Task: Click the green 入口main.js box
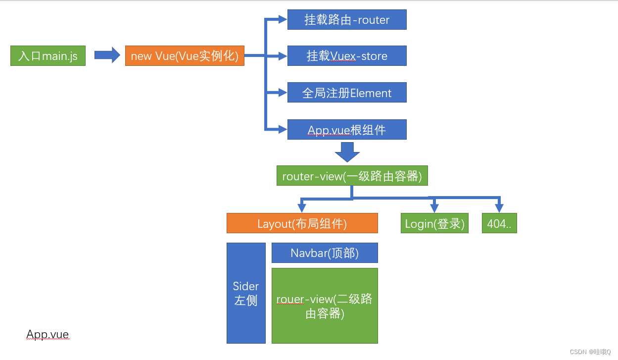pyautogui.click(x=48, y=56)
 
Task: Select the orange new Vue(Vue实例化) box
pyautogui.click(x=185, y=56)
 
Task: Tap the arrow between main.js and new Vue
pyautogui.click(x=107, y=55)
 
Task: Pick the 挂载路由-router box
pyautogui.click(x=347, y=20)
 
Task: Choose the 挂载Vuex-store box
pyautogui.click(x=347, y=56)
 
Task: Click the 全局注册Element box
pyautogui.click(x=347, y=93)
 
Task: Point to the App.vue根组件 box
pyautogui.click(x=347, y=130)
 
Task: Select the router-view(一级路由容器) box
pyautogui.click(x=352, y=176)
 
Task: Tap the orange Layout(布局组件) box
pyautogui.click(x=302, y=223)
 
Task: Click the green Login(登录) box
pyautogui.click(x=434, y=223)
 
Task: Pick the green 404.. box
pyautogui.click(x=499, y=223)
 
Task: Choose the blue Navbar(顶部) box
pyautogui.click(x=325, y=253)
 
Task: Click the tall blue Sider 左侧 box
pyautogui.click(x=246, y=293)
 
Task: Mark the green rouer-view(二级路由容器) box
pyautogui.click(x=325, y=306)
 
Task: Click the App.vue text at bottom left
pyautogui.click(x=48, y=335)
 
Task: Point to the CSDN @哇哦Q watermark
pyautogui.click(x=590, y=352)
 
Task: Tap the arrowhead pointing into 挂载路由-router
pyautogui.click(x=283, y=20)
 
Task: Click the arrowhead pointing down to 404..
pyautogui.click(x=499, y=208)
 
